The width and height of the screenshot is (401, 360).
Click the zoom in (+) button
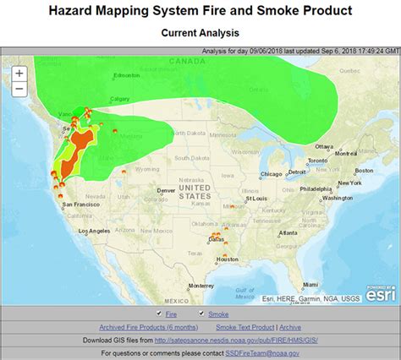pyautogui.click(x=19, y=73)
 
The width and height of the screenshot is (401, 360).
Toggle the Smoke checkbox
pyautogui.click(x=201, y=314)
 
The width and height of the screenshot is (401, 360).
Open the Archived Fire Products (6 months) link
pyautogui.click(x=148, y=327)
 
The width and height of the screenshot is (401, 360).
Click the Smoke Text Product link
pyautogui.click(x=244, y=327)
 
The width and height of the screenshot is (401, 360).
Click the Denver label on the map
pyautogui.click(x=166, y=190)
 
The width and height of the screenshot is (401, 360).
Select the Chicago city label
pyautogui.click(x=270, y=174)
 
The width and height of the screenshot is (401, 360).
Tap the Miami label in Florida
pyautogui.click(x=312, y=282)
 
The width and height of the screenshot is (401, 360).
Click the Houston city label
pyautogui.click(x=228, y=259)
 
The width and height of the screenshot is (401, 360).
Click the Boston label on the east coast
pyautogui.click(x=363, y=170)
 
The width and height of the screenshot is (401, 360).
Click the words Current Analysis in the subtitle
pyautogui.click(x=200, y=33)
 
